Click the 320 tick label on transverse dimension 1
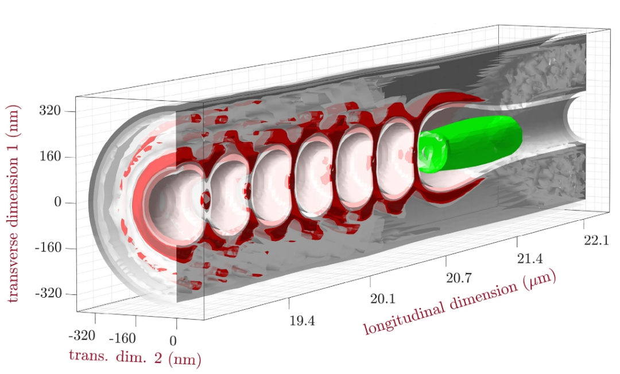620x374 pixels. tap(50, 110)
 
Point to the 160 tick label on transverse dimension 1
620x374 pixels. tap(50, 157)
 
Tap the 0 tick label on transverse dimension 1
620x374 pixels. tap(58, 202)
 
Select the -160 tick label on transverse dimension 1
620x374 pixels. tap(48, 248)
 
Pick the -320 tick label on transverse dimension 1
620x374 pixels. tap(48, 294)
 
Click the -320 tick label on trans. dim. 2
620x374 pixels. tap(82, 336)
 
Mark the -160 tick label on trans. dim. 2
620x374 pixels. tap(122, 338)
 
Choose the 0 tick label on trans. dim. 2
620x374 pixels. tap(173, 341)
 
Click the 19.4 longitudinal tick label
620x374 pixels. tap(302, 321)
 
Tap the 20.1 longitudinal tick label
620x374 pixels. tap(383, 298)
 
